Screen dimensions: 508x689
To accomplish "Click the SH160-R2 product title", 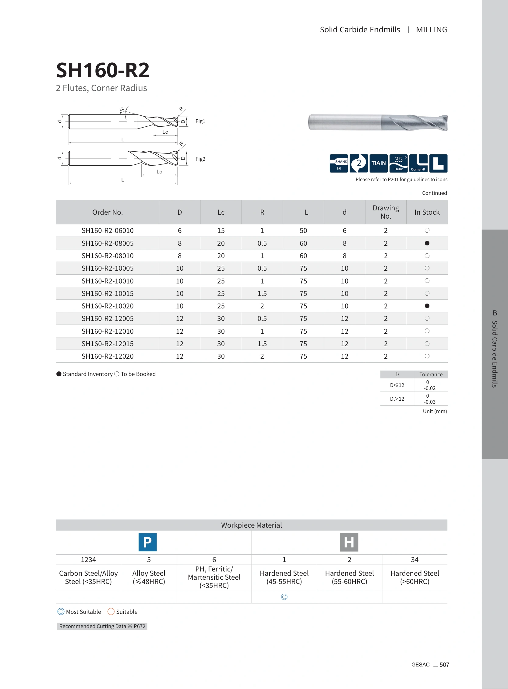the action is tap(103, 70).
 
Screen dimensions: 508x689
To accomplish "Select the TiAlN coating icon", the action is tap(379, 163).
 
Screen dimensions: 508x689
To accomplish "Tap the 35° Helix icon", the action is tap(399, 163).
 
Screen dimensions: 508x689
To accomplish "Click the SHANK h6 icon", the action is tap(339, 163).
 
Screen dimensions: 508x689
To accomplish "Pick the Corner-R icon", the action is tap(418, 163).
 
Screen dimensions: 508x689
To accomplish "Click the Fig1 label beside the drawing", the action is tap(200, 121).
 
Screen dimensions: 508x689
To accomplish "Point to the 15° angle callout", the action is tap(122, 110).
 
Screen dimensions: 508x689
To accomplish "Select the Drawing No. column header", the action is tap(386, 212).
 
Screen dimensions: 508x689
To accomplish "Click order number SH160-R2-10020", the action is tap(108, 306).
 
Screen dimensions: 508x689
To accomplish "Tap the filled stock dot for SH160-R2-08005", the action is tap(427, 243).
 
